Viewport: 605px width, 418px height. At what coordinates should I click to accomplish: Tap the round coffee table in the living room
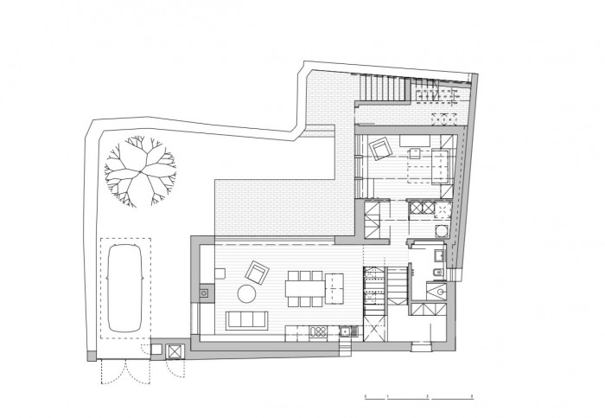click(246, 294)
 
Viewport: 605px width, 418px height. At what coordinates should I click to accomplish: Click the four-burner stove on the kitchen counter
click(317, 331)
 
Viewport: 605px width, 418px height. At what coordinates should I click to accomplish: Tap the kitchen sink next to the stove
click(344, 331)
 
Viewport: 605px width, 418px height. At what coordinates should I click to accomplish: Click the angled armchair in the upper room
click(379, 150)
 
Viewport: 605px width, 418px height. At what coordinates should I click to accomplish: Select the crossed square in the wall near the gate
click(175, 351)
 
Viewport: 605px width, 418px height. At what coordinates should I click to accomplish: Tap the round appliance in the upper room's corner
click(439, 231)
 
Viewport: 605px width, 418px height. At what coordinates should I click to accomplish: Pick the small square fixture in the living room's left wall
click(204, 293)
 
